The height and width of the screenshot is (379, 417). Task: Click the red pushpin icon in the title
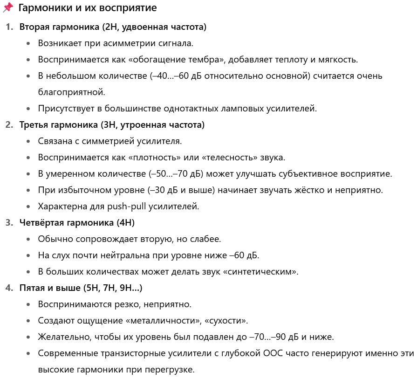8,8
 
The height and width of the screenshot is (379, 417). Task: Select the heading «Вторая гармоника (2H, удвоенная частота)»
113,27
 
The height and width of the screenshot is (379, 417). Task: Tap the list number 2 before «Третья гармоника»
9,125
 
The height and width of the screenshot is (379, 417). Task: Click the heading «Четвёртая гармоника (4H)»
77,222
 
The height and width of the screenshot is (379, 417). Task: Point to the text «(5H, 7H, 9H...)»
113,288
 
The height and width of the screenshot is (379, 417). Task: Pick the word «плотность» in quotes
157,158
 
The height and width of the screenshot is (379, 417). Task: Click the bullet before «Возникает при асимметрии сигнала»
29,43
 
